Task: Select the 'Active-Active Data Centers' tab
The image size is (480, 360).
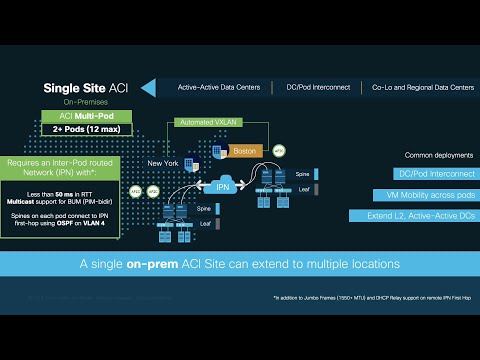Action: [x=220, y=88]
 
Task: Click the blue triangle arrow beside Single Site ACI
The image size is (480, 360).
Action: [x=148, y=87]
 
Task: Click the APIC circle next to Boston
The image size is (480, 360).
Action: [x=279, y=151]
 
